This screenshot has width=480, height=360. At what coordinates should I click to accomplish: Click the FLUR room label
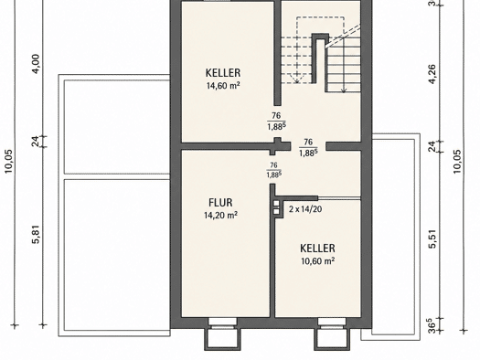pyautogui.click(x=220, y=203)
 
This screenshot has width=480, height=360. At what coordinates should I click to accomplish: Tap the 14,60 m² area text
pyautogui.click(x=223, y=86)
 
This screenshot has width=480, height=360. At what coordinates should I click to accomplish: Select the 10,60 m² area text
pyautogui.click(x=318, y=261)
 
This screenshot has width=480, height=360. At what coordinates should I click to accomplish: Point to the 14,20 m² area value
pyautogui.click(x=220, y=216)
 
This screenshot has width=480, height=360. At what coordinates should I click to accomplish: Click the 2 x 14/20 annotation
pyautogui.click(x=305, y=209)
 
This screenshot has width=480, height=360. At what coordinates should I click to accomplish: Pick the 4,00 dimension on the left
pyautogui.click(x=36, y=64)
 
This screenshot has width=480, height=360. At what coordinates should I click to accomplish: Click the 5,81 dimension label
pyautogui.click(x=36, y=234)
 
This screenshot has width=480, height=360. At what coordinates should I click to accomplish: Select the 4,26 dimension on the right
pyautogui.click(x=432, y=74)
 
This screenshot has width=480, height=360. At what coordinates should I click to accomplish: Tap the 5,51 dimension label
pyautogui.click(x=432, y=238)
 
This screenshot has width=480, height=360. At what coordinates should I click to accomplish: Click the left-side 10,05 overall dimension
pyautogui.click(x=8, y=161)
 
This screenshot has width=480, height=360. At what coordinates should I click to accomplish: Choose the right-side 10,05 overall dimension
pyautogui.click(x=457, y=162)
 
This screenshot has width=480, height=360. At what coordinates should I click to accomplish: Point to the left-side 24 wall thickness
pyautogui.click(x=36, y=142)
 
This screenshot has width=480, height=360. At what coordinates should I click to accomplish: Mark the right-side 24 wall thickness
pyautogui.click(x=432, y=146)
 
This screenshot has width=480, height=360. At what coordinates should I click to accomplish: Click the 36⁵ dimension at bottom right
pyautogui.click(x=432, y=326)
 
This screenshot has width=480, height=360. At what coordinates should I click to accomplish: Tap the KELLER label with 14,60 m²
pyautogui.click(x=223, y=73)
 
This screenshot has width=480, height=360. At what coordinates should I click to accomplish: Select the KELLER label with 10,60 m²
pyautogui.click(x=317, y=248)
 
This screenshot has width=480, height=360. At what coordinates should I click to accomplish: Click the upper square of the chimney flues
pyautogui.click(x=276, y=204)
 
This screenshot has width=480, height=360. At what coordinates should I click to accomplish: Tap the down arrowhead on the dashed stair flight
pyautogui.click(x=296, y=80)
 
